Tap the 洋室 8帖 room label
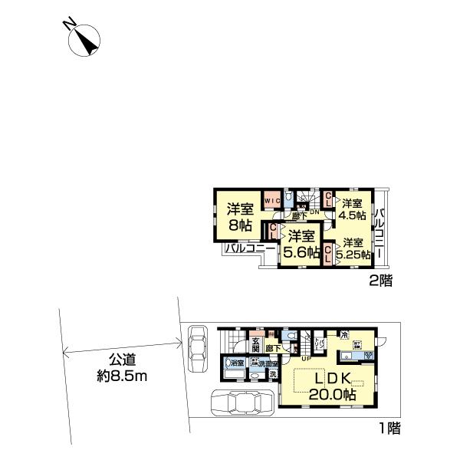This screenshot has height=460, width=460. click(241, 216)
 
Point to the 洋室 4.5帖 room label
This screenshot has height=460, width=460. click(353, 209)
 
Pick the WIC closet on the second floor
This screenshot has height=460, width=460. click(271, 201)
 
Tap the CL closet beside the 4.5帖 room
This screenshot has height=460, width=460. click(328, 200)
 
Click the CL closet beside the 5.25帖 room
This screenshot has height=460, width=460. click(328, 254)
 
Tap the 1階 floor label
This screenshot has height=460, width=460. click(386, 429)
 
